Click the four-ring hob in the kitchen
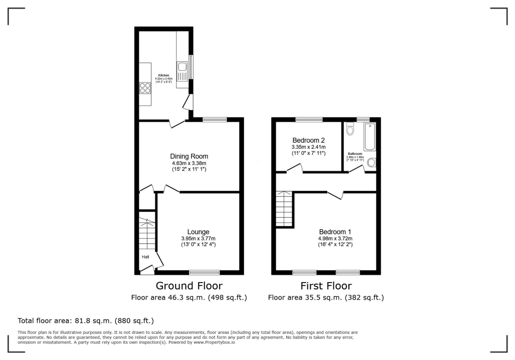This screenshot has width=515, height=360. (145, 88)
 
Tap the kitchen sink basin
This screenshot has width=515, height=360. (182, 67)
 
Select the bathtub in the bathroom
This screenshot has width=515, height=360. (370, 137)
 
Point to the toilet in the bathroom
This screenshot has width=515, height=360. (351, 130)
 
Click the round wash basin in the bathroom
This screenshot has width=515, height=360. (372, 162)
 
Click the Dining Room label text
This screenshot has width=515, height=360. (189, 156)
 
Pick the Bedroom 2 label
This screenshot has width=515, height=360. (309, 140)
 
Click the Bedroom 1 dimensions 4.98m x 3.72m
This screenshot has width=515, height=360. (335, 238)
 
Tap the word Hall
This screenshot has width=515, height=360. (145, 257)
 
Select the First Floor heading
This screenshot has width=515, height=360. (325, 286)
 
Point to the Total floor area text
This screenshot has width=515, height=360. (85, 320)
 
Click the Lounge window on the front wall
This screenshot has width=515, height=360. (204, 272)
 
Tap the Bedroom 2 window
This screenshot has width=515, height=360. (309, 119)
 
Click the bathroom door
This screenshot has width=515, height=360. (357, 170)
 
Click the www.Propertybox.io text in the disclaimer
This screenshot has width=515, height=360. (214, 342)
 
